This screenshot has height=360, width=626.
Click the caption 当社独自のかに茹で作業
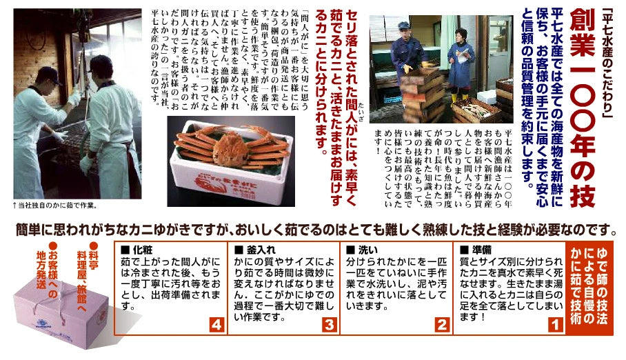(55, 205)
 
